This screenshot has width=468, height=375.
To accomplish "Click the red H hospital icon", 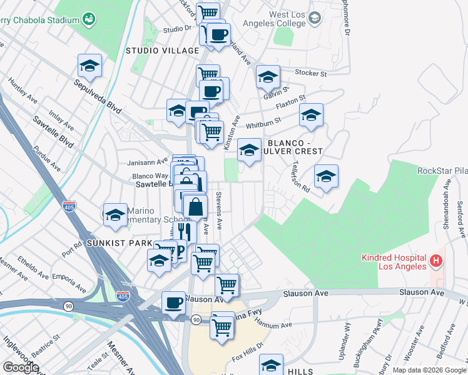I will [437, 259].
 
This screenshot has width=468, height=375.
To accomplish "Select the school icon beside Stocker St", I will [268, 77].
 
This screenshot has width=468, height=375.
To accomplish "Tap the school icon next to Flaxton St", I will [311, 116].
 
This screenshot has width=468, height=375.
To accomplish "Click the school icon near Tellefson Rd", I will [326, 177].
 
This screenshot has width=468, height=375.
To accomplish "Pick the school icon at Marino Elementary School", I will [115, 216].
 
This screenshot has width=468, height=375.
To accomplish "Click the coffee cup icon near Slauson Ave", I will [173, 303].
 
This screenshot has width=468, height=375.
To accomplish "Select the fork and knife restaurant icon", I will [184, 231].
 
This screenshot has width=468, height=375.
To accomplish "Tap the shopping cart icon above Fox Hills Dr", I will [222, 326].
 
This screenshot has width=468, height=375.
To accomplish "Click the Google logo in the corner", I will [21, 367].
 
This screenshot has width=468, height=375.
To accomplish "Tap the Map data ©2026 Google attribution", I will [429, 370].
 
